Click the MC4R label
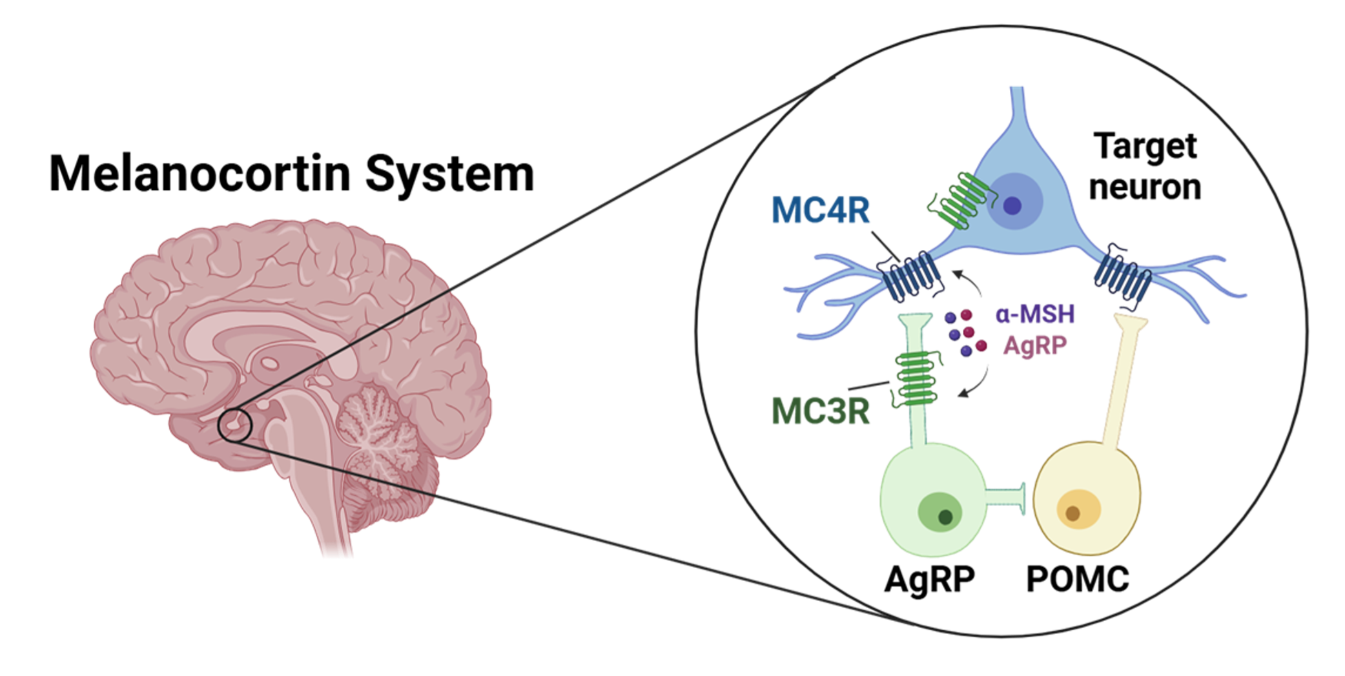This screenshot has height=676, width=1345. pos(821,210)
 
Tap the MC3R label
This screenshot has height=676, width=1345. pos(821,411)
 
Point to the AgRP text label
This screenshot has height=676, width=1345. pos(1034,345)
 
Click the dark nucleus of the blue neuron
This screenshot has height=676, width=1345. pos(1012,206)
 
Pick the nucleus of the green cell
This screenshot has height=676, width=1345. pos(945,517)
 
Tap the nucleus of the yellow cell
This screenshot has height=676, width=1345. pos(1073,514)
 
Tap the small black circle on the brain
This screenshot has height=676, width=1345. pos(234,425)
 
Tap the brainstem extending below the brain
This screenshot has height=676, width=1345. pos(336,517)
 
